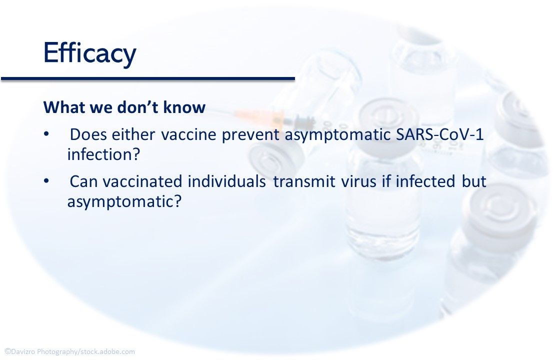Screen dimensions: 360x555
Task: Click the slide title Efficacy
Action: (89, 53)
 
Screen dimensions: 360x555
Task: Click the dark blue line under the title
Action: (148, 78)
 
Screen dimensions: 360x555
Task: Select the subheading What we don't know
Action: (124, 107)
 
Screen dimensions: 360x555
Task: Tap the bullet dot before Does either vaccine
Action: (46, 135)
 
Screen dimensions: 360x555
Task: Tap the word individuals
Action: (226, 181)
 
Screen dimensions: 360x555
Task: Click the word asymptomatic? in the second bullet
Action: (124, 201)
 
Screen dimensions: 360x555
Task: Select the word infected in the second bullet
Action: (425, 181)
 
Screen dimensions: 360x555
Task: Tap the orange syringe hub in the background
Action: (260, 117)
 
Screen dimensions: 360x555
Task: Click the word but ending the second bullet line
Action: (474, 181)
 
